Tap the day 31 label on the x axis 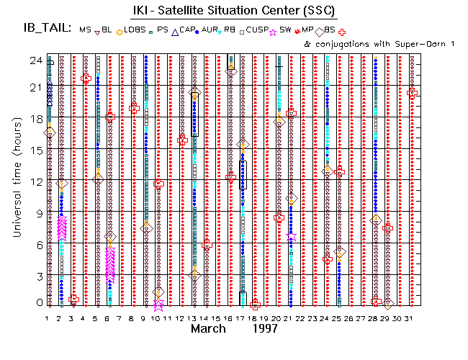point(411,317)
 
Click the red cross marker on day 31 point(412,92)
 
